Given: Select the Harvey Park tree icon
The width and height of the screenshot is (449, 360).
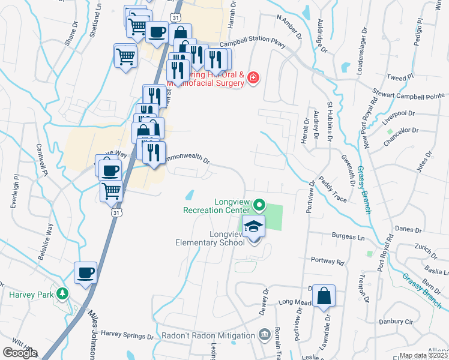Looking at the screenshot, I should tap(61, 294).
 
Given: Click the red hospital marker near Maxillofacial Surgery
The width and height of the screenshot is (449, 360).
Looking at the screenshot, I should tap(253, 78).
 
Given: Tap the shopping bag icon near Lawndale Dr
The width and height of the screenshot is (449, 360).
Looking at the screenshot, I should tap(324, 296).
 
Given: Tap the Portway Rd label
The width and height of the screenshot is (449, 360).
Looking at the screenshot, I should tap(327, 262).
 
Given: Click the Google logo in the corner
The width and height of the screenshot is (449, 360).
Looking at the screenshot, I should tap(19, 353).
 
